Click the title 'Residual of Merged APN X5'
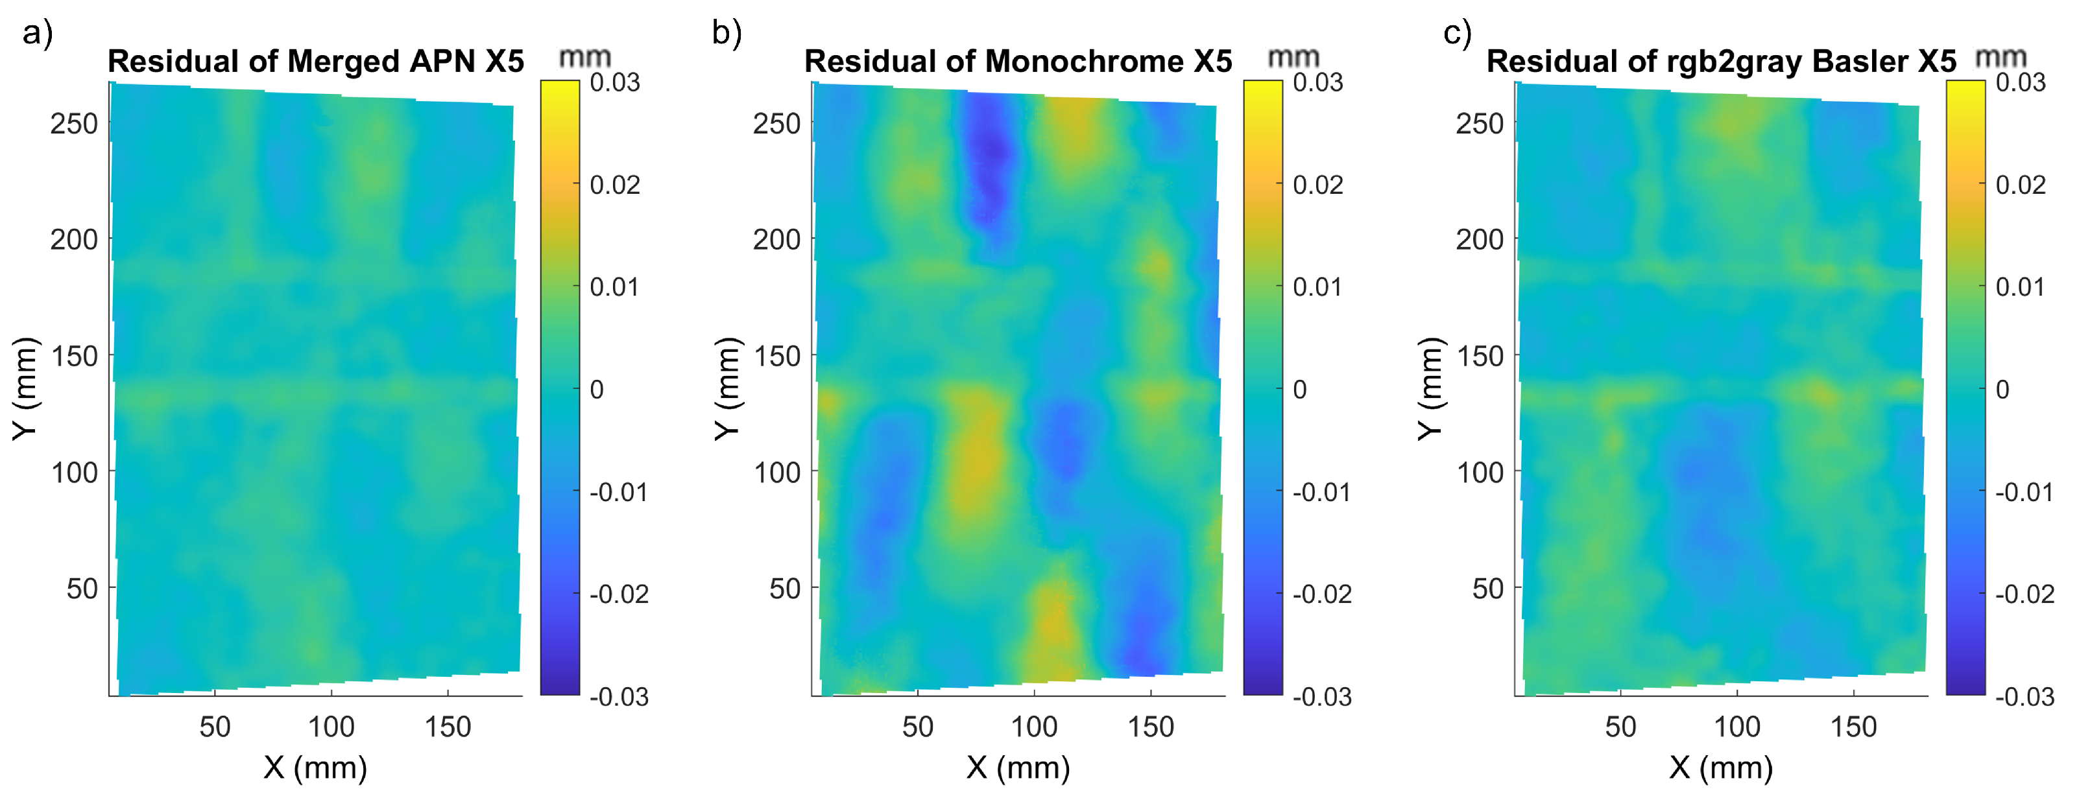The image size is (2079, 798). point(315,62)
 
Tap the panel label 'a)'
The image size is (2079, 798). point(37,33)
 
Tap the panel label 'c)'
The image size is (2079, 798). point(1457,33)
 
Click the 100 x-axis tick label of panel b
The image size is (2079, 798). point(1034,727)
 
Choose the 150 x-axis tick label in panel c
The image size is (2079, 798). point(1853,727)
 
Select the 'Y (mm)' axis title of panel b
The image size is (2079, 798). point(727,388)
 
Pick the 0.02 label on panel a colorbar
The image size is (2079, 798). point(615,185)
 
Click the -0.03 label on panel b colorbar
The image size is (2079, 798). point(1321,696)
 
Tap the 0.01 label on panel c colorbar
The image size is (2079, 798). point(2020,287)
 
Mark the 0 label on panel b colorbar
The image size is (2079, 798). point(1299,390)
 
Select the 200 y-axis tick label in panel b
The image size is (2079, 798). point(776,240)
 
